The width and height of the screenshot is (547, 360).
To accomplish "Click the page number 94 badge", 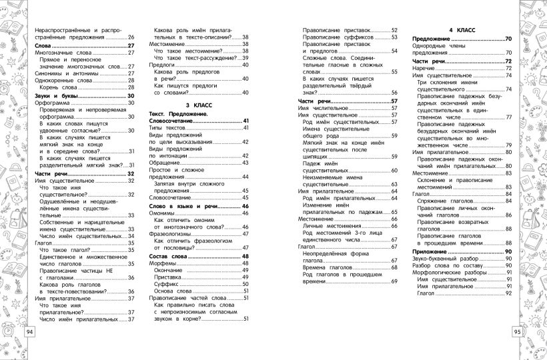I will coord(29,332).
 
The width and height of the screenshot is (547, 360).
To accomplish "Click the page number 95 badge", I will coord(518,332).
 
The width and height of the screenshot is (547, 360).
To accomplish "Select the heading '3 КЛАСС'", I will coord(198,105).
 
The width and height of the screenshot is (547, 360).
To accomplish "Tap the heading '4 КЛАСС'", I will coord(462,31).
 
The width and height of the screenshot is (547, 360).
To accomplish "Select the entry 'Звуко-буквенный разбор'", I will coord(447,259).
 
